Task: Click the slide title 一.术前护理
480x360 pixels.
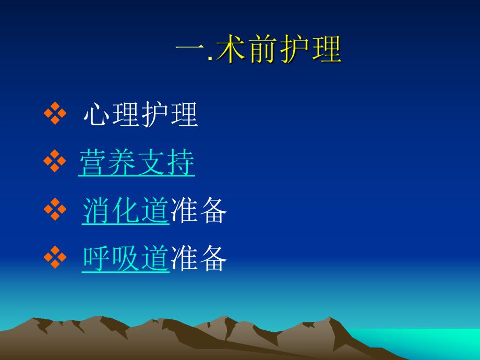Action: click(x=259, y=51)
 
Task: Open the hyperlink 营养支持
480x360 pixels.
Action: click(x=137, y=163)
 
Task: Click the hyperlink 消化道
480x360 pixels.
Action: click(x=126, y=211)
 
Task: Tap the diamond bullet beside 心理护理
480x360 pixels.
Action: click(x=55, y=115)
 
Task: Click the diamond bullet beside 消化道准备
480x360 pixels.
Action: click(x=55, y=211)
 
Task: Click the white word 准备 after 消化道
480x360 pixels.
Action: click(x=199, y=211)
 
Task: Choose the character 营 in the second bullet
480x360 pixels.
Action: click(x=92, y=163)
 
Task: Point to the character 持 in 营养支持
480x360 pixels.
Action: click(x=181, y=163)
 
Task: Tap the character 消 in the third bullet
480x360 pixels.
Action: click(x=97, y=211)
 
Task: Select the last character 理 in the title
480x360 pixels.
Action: click(x=327, y=51)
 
